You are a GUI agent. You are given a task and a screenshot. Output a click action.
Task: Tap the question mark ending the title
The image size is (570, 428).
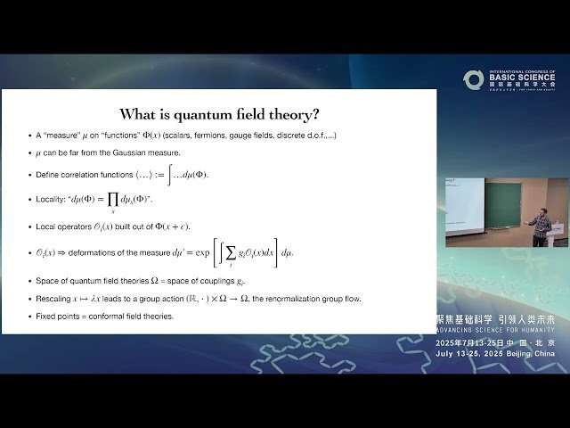tap(317, 115)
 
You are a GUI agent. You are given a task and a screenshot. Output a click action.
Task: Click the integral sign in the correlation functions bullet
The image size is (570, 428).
tap(170, 174)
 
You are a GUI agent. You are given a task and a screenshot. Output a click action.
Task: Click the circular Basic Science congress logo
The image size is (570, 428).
tap(473, 79)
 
